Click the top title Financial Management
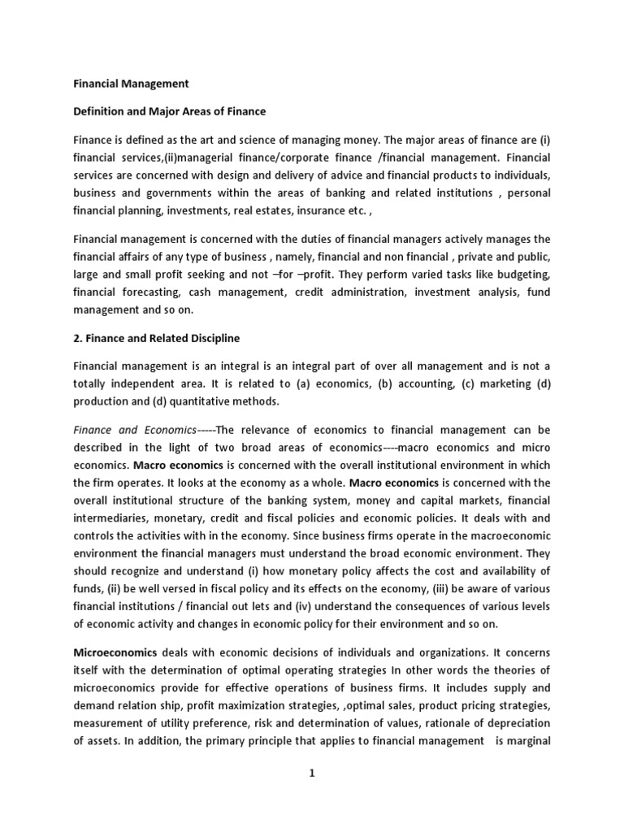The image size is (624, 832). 131,83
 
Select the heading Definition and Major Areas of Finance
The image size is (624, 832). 169,110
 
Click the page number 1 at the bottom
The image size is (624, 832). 311,773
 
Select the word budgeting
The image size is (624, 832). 521,275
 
